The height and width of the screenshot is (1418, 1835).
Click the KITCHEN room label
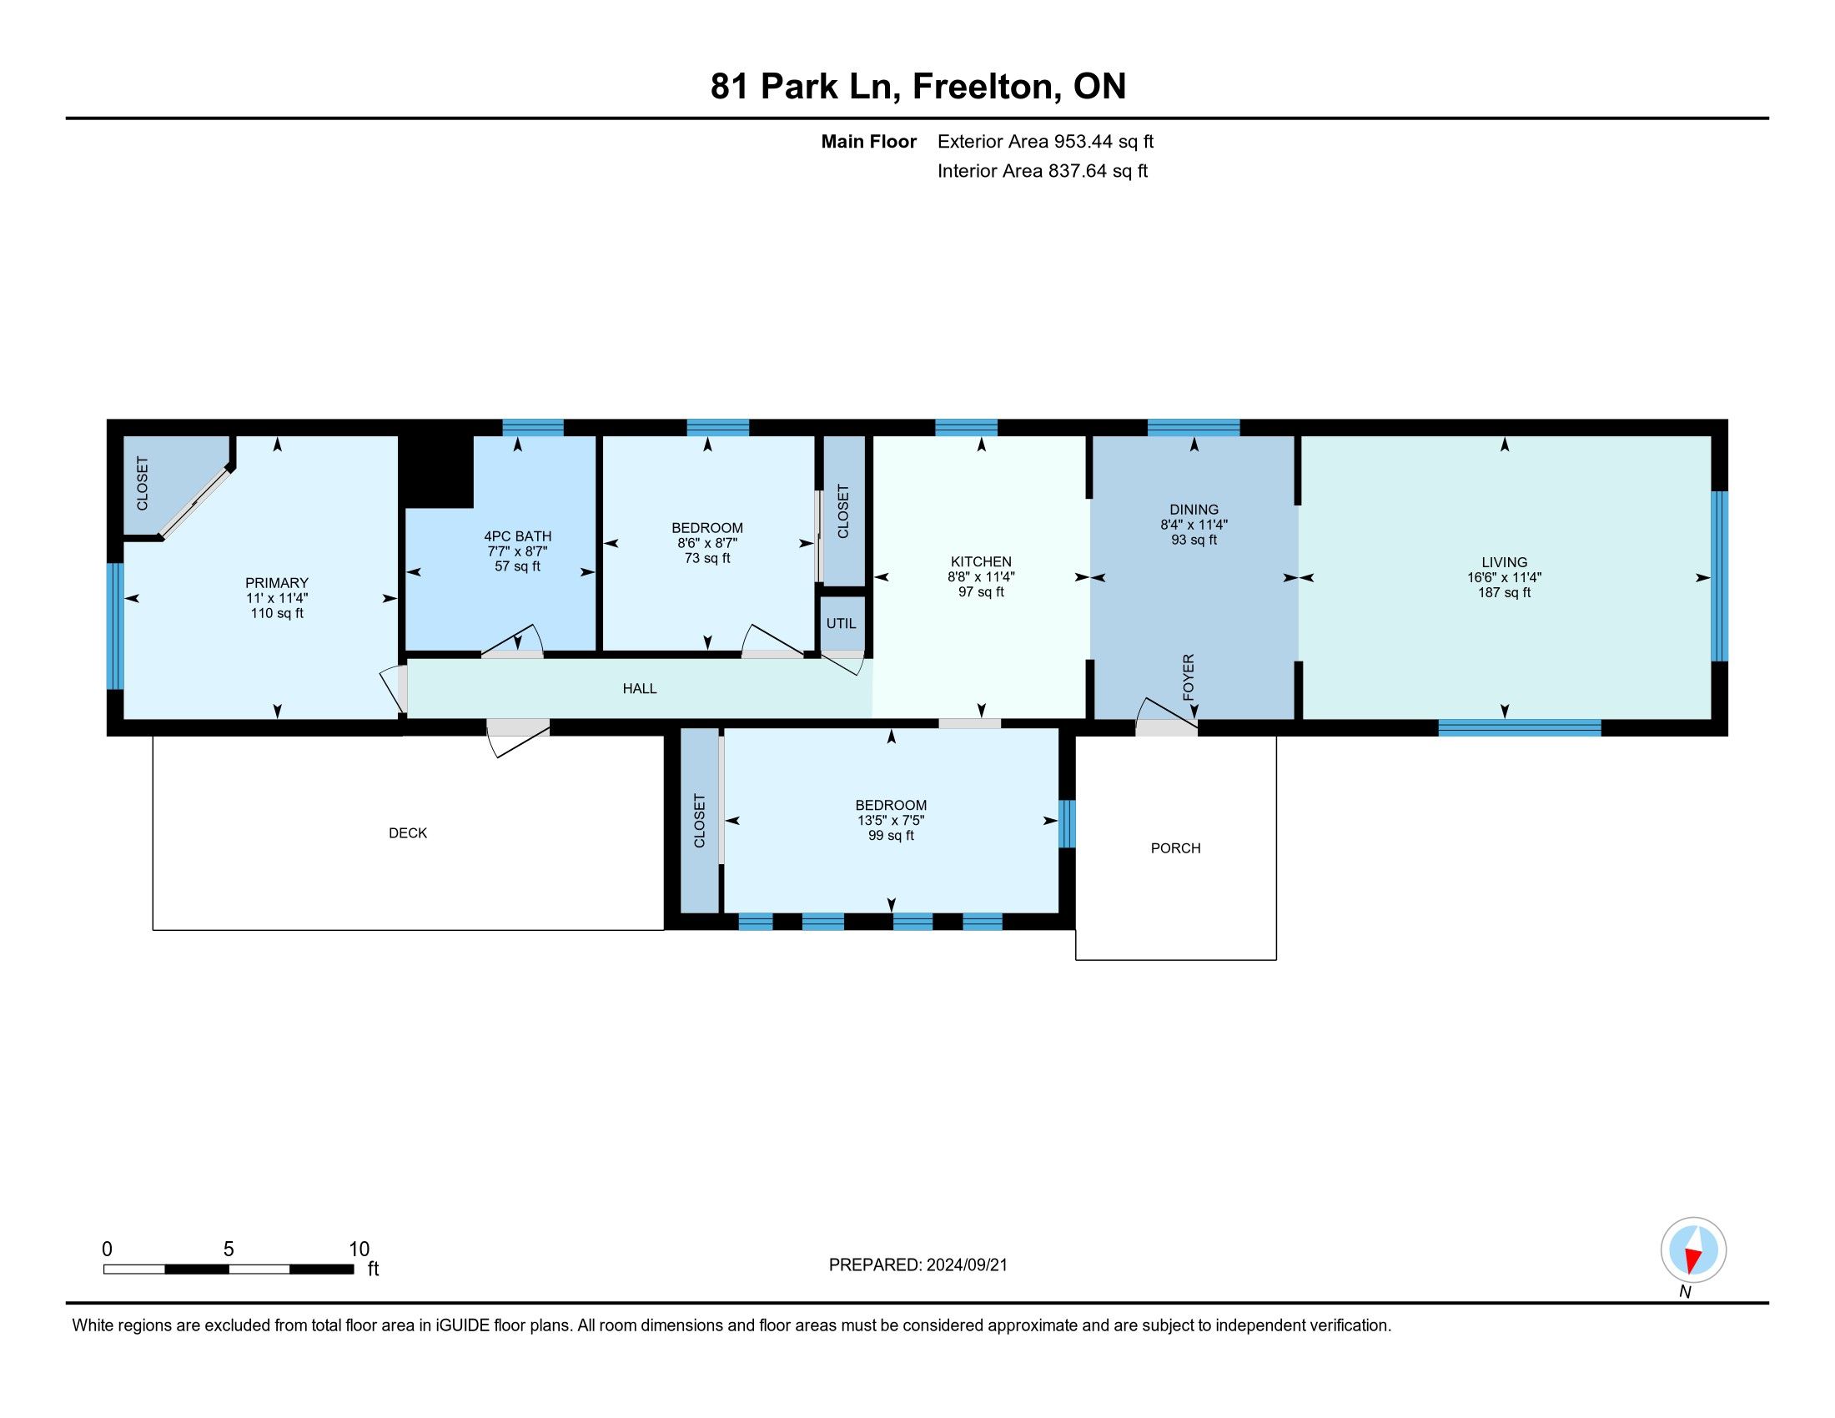981,562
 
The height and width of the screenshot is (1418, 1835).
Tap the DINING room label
1193,510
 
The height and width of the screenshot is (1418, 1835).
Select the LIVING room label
1504,563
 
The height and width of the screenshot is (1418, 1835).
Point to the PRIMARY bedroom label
276,583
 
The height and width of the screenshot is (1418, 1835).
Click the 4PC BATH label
518,537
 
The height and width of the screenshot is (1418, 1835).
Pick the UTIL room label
841,623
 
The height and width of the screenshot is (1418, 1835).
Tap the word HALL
640,689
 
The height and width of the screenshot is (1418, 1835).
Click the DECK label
408,833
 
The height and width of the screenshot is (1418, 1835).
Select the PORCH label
1175,848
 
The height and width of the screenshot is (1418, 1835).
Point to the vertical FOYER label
1188,677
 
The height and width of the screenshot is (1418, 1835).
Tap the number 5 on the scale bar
229,1250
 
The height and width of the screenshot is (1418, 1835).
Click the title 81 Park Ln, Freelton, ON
918,87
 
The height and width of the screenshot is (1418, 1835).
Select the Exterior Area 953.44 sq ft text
1045,142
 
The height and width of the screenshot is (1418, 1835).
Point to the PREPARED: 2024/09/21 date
917,1265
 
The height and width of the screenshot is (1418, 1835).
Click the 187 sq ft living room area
1504,593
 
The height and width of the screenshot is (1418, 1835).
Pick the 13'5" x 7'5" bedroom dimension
891,821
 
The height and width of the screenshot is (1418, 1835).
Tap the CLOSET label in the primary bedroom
142,483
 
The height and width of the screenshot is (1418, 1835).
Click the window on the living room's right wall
1720,576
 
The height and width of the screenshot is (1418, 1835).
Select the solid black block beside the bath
438,471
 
